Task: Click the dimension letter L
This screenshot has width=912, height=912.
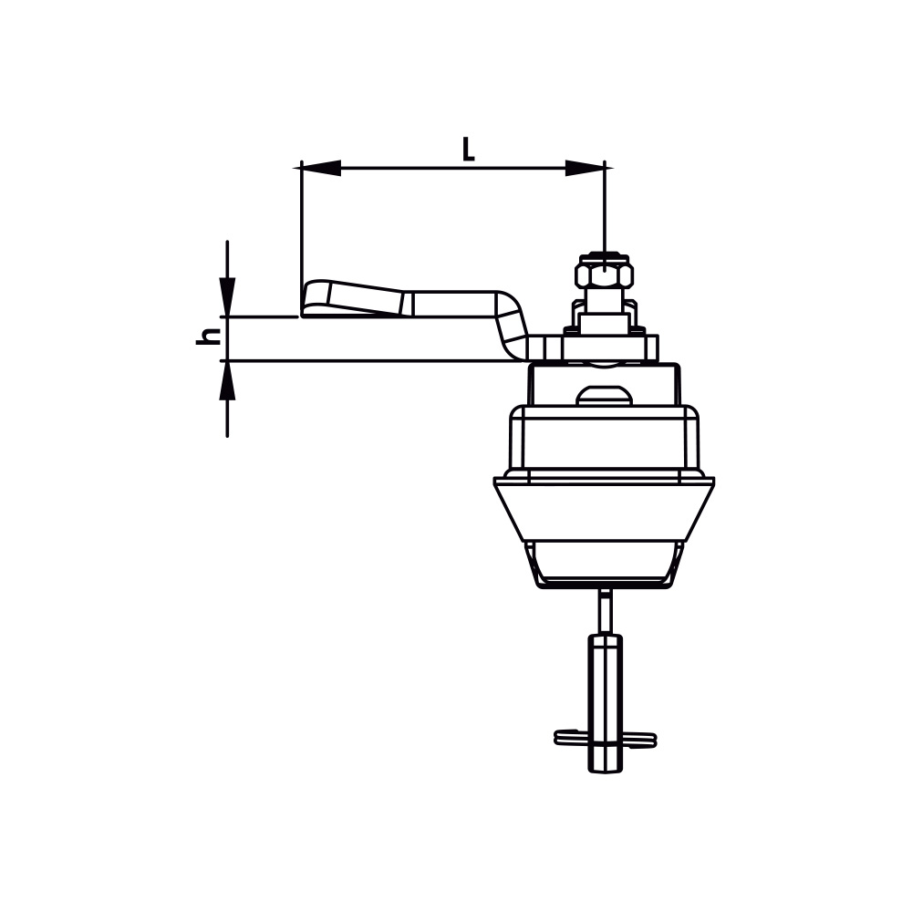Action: pyautogui.click(x=468, y=149)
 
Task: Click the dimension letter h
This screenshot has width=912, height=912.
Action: pyautogui.click(x=208, y=337)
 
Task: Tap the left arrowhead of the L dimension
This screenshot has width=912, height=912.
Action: pyautogui.click(x=320, y=168)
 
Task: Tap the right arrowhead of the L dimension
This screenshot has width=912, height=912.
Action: pyautogui.click(x=586, y=168)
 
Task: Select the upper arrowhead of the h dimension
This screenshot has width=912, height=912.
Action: pyautogui.click(x=227, y=297)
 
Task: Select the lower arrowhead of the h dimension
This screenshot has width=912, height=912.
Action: pyautogui.click(x=227, y=380)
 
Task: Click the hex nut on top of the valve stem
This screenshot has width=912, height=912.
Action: pyautogui.click(x=605, y=271)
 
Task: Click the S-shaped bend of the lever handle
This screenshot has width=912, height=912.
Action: pyautogui.click(x=511, y=326)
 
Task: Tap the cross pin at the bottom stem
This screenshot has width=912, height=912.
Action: pyautogui.click(x=606, y=738)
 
